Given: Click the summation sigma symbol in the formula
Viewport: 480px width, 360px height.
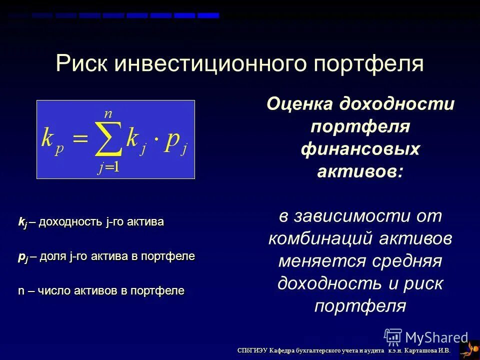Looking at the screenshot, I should tap(108, 139).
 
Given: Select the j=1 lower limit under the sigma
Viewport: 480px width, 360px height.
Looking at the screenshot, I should tap(108, 168).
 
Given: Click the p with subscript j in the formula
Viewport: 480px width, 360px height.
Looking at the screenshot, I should tap(176, 140).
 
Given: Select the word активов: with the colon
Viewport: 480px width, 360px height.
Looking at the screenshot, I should tap(360, 171).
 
